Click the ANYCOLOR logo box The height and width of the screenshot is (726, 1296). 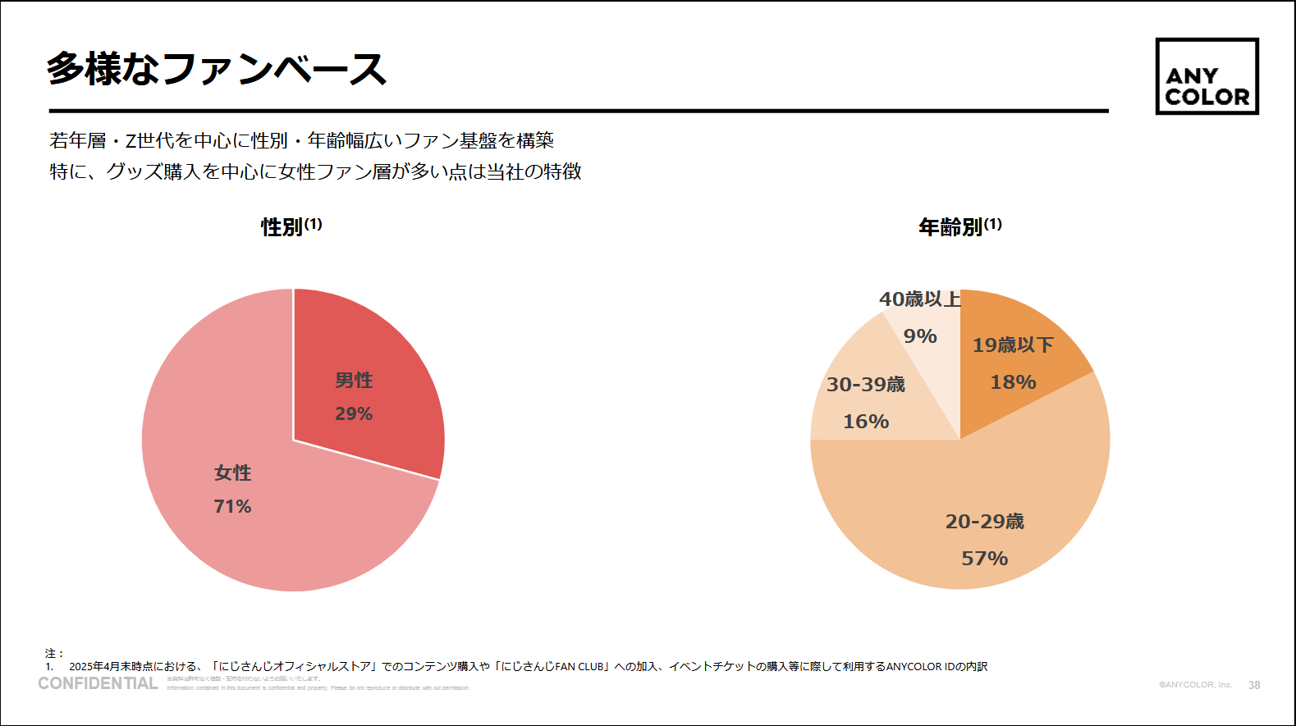point(1207,76)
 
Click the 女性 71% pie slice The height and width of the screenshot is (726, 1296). point(246,525)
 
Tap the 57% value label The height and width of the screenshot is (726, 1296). point(984,559)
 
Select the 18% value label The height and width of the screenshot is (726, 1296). point(1013,382)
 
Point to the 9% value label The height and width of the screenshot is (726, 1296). point(920,336)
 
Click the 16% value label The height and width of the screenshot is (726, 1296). point(866,422)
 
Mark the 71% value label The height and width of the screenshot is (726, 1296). point(232,507)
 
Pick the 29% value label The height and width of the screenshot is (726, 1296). point(354,414)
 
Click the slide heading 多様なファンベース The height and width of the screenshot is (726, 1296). point(216,69)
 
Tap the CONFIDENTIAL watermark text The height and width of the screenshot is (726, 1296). point(98,683)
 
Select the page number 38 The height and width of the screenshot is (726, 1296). point(1254,685)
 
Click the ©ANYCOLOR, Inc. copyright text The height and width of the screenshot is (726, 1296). point(1195,685)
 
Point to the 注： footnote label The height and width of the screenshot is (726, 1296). point(54,654)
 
